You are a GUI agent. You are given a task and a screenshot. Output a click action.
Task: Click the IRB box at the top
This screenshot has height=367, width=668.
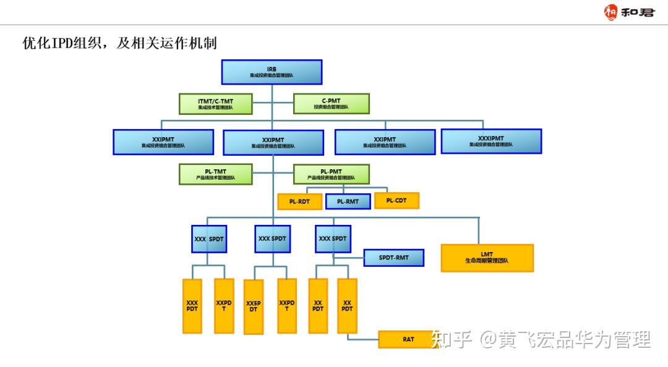272,72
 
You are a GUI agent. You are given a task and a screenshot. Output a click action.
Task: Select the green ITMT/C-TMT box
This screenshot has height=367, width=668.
216,104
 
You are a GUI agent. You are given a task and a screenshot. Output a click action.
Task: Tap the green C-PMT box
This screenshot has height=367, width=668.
331,104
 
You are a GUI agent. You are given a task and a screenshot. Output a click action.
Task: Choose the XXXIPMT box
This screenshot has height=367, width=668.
491,141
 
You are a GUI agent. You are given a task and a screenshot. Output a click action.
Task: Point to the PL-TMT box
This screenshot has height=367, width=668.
216,174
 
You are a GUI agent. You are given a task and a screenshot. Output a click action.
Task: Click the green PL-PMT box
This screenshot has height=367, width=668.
331,174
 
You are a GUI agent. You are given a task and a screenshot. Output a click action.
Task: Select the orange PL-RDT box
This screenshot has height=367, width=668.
300,201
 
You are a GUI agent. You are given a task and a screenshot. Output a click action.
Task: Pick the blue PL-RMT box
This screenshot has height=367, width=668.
348,201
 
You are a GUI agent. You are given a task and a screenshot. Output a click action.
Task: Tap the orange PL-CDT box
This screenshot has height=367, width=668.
396,201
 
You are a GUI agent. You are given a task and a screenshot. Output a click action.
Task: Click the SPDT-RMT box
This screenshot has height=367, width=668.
394,258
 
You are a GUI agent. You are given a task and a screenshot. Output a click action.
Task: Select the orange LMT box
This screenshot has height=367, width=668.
487,258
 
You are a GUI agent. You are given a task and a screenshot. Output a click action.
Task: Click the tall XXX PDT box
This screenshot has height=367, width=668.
192,306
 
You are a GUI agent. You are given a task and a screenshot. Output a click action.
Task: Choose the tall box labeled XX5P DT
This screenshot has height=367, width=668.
254,306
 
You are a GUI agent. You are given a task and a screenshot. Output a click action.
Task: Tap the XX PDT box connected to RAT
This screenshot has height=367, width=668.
347,306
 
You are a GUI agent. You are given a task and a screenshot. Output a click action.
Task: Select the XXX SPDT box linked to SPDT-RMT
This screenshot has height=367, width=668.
333,238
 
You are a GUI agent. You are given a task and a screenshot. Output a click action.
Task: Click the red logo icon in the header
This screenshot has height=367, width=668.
611,12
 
